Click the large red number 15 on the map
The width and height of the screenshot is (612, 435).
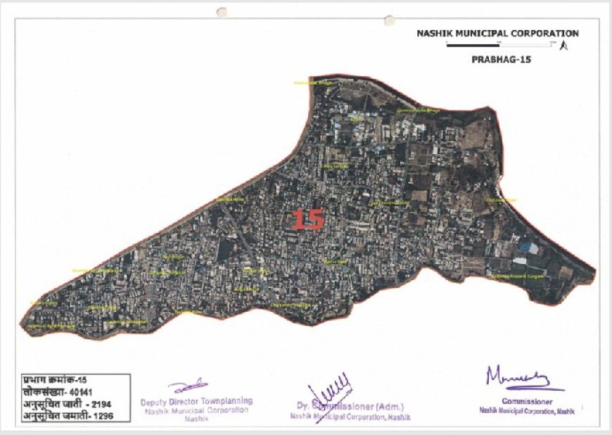tap(308, 219)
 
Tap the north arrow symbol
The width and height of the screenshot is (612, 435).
tap(563, 46)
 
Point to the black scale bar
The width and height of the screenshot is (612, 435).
tap(500, 46)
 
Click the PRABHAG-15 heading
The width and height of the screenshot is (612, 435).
tap(501, 60)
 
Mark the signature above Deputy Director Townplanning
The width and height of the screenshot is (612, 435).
tap(189, 385)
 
